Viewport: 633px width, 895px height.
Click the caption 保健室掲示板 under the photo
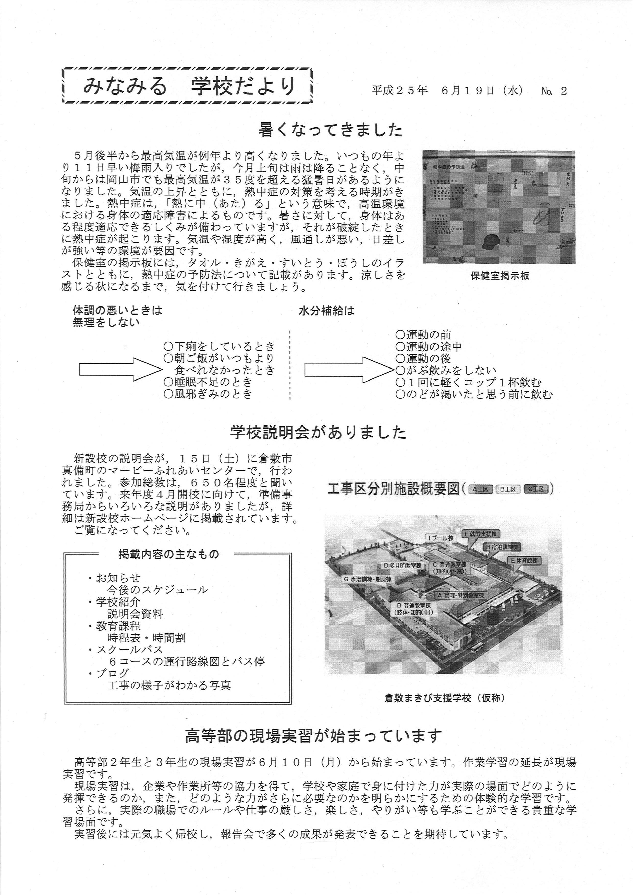(x=500, y=276)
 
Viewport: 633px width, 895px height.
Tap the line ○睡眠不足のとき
(x=209, y=382)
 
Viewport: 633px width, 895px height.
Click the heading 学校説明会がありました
(x=318, y=432)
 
